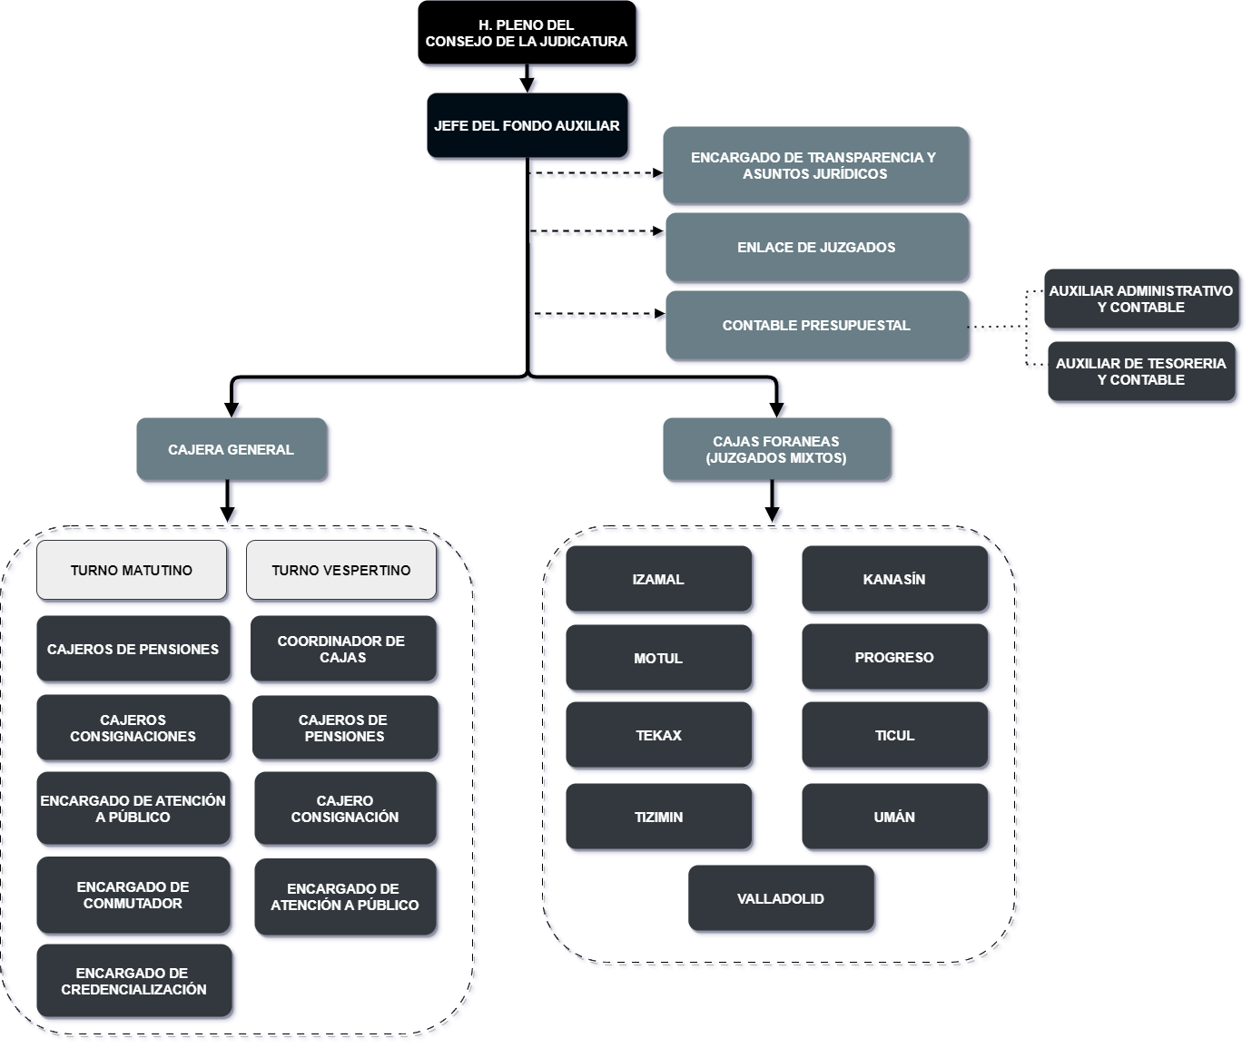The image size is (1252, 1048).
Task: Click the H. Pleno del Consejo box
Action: (527, 34)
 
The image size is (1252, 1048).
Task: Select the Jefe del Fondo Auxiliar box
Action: (527, 126)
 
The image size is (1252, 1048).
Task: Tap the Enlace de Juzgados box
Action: (817, 247)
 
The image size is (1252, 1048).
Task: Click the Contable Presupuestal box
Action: (817, 325)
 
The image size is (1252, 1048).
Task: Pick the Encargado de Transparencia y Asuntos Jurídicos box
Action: (815, 165)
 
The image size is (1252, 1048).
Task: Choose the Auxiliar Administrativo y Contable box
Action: (1141, 299)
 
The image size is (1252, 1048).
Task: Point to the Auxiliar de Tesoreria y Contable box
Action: (1141, 372)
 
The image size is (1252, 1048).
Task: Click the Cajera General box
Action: (232, 449)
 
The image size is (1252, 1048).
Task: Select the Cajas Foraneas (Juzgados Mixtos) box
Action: (776, 449)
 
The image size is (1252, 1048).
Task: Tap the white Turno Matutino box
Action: (132, 570)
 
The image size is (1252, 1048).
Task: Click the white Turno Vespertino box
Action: (341, 570)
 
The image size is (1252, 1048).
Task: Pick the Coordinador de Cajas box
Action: (343, 649)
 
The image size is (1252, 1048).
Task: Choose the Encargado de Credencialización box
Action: (134, 981)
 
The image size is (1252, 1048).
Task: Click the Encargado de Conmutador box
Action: (134, 895)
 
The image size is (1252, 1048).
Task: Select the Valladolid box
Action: (782, 898)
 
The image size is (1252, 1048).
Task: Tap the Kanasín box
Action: (895, 579)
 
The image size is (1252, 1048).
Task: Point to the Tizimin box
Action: (659, 817)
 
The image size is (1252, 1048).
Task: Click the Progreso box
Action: (895, 657)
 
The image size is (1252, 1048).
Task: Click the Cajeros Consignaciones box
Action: (134, 728)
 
